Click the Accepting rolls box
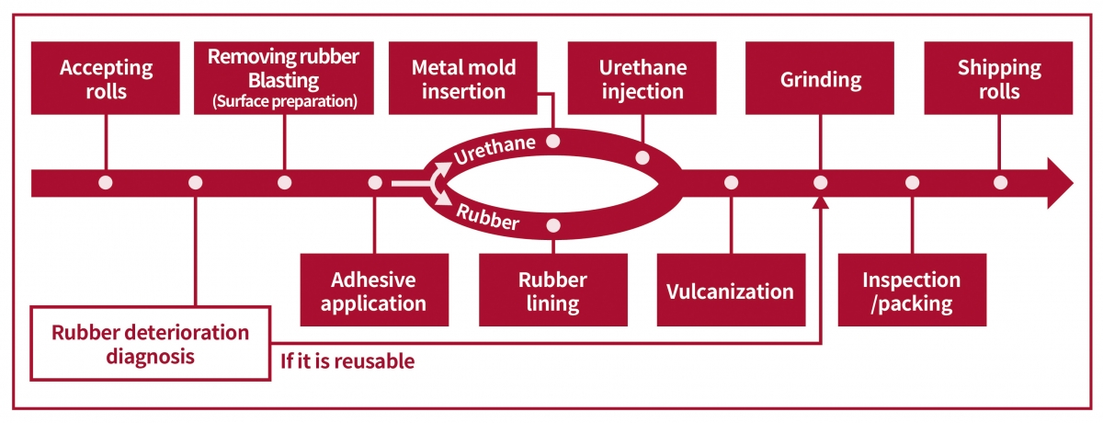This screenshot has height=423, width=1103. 106,78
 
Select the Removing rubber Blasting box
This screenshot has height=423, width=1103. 284,78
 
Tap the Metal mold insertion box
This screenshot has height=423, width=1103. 463,78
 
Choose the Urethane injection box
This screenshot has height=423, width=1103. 642,78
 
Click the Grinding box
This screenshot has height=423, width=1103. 820,78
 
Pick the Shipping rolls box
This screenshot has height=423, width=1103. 998,78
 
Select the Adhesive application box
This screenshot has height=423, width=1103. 374,290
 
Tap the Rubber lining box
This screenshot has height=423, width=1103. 553,290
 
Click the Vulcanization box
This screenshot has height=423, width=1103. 732,290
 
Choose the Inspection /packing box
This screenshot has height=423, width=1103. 913,290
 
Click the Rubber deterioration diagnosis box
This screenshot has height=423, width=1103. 151,344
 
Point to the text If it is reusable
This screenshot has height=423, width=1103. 347,361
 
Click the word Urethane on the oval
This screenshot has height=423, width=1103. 495,150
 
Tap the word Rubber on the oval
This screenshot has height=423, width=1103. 488,217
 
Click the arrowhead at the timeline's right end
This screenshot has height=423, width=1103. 1060,183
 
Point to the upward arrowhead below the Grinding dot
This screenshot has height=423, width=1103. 820,202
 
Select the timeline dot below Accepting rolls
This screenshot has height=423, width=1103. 106,183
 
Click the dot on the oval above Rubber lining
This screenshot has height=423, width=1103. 553,225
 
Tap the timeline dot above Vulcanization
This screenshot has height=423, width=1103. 732,183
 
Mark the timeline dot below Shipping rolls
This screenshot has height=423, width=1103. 1000,183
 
